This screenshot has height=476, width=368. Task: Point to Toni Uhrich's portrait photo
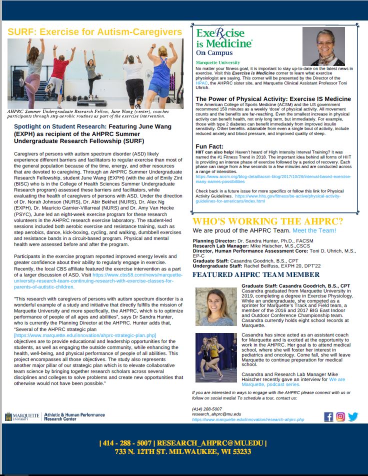coord(320,46)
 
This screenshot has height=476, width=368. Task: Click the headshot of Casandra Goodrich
coord(216,306)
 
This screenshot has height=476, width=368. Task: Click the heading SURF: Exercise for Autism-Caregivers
coord(95,32)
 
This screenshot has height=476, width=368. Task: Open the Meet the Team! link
coord(314,230)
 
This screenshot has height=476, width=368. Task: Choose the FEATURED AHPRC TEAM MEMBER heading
coord(255,274)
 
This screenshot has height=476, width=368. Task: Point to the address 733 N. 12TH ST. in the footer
coord(183,452)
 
